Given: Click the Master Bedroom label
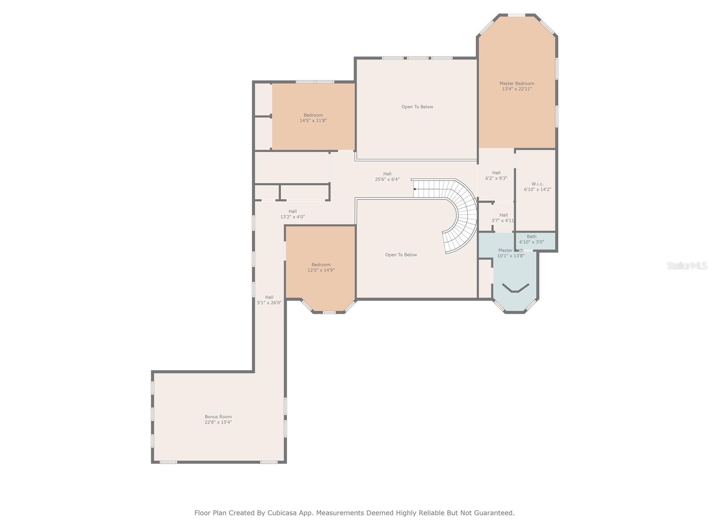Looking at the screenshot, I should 517,83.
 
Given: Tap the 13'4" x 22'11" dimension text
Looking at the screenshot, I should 517,89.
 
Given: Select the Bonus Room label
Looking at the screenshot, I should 218,416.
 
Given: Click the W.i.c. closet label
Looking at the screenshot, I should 538,184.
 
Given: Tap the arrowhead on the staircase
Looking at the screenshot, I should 414,189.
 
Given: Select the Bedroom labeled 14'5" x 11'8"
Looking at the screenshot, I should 313,117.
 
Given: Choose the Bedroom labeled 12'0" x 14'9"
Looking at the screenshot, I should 321,267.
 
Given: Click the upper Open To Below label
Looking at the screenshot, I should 417,107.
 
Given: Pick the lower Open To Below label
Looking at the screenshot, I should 401,254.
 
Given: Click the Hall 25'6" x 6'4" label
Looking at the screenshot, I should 387,177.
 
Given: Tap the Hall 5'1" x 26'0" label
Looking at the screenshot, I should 269,300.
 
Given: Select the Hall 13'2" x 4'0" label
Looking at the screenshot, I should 292,214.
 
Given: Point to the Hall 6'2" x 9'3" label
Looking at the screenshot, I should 496,176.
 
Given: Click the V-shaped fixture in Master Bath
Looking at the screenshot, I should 515,288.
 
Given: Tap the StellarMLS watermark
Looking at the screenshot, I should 686,265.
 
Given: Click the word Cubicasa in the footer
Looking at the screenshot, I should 283,513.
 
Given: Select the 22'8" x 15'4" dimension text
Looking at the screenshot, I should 218,422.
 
